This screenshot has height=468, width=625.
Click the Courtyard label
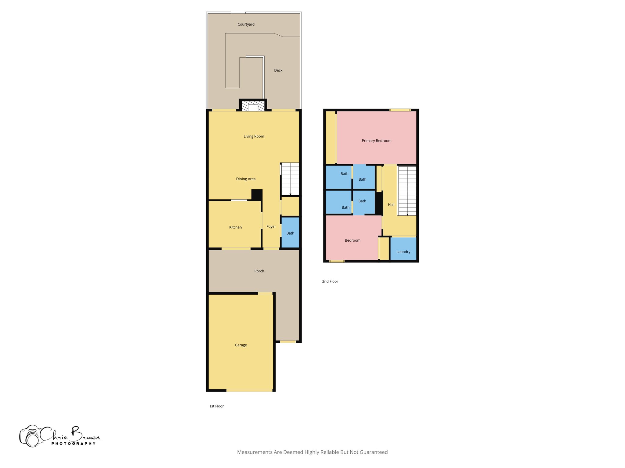click(246, 24)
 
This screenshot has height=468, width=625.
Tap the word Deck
click(278, 70)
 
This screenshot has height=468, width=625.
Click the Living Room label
click(254, 136)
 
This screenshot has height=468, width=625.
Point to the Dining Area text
click(246, 179)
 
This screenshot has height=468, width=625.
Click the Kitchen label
click(235, 227)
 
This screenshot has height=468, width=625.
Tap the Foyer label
click(271, 227)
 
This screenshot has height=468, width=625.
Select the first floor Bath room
click(290, 233)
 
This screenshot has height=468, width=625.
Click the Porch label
click(259, 271)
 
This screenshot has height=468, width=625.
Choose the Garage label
click(241, 345)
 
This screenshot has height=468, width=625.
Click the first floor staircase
click(290, 179)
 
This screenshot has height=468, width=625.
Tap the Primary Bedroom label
click(376, 141)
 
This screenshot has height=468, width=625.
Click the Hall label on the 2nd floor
click(391, 205)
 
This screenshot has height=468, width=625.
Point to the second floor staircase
click(407, 190)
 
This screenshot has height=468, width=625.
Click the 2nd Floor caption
click(330, 282)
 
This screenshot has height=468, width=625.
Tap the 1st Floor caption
click(216, 406)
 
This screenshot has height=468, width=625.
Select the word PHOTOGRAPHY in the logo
click(73, 444)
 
